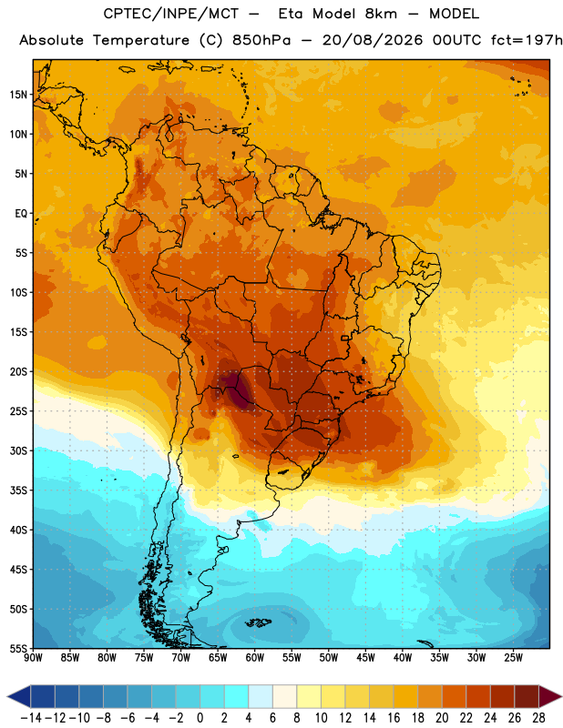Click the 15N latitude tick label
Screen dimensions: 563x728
coord(18,95)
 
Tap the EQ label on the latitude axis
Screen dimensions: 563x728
coord(21,214)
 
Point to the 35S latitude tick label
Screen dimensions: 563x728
coord(18,490)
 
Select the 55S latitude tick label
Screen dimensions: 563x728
coord(18,648)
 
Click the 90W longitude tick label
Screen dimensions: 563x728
coord(33,658)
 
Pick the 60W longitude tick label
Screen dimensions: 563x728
coord(255,658)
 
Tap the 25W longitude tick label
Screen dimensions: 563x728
coord(513,658)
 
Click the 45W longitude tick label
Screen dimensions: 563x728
coord(365,658)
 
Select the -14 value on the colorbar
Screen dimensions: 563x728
coord(31,718)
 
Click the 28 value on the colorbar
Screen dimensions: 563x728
coord(538,718)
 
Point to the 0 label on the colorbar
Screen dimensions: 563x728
coord(200,718)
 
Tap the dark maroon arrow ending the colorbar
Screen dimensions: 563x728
coord(550,696)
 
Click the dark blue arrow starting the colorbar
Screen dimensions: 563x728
coord(18,696)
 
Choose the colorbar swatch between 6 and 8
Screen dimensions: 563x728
coord(284,696)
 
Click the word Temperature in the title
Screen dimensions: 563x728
coord(141,40)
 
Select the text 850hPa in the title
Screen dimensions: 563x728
coord(261,40)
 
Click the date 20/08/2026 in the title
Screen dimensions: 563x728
coord(373,40)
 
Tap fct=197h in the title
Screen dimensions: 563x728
coord(527,40)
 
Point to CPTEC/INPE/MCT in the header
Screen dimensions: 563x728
coord(170,14)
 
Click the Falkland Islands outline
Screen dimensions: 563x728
coord(258,622)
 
